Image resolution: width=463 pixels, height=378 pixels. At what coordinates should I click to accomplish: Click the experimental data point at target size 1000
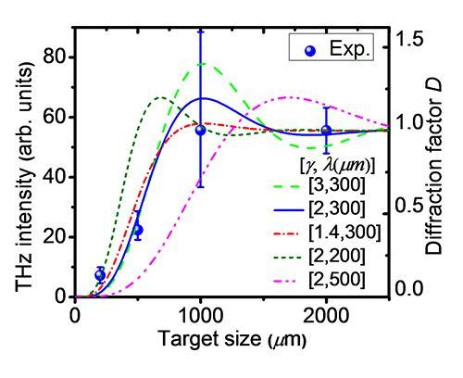pyautogui.click(x=201, y=130)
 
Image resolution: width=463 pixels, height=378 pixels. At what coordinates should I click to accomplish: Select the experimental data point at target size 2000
pyautogui.click(x=326, y=131)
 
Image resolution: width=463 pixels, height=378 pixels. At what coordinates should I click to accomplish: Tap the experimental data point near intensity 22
pyautogui.click(x=138, y=230)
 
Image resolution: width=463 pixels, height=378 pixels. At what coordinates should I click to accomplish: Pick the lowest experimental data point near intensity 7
pyautogui.click(x=100, y=274)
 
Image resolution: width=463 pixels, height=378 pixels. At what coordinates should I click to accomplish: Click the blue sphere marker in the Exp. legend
pyautogui.click(x=310, y=51)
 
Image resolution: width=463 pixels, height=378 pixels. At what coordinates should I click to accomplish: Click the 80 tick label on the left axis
pyautogui.click(x=55, y=57)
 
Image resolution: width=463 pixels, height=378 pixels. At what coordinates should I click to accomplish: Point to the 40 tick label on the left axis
pyautogui.click(x=55, y=177)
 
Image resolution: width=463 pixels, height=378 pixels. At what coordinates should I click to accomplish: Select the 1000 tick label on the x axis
pyautogui.click(x=201, y=316)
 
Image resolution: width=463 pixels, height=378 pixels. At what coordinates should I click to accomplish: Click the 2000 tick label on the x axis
pyautogui.click(x=326, y=316)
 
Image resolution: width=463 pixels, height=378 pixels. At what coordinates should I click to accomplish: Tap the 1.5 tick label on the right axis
pyautogui.click(x=409, y=40)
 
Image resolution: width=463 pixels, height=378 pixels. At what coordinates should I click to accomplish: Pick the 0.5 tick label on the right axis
pyautogui.click(x=409, y=206)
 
